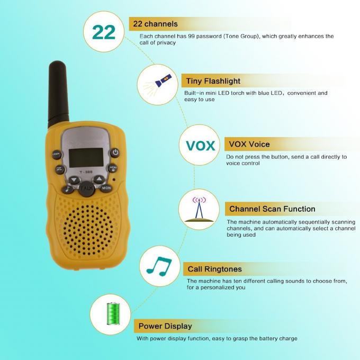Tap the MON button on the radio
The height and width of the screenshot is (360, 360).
(106, 188)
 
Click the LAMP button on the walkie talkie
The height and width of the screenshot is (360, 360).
(56, 155)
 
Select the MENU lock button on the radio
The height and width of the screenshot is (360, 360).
(113, 168)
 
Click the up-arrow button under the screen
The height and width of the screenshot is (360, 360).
(98, 179)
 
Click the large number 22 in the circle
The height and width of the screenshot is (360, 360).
(104, 32)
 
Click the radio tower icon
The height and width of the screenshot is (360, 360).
(199, 210)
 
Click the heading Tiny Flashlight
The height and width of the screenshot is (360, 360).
(213, 81)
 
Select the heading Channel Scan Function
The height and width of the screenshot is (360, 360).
(272, 209)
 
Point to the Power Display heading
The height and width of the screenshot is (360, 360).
(165, 326)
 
